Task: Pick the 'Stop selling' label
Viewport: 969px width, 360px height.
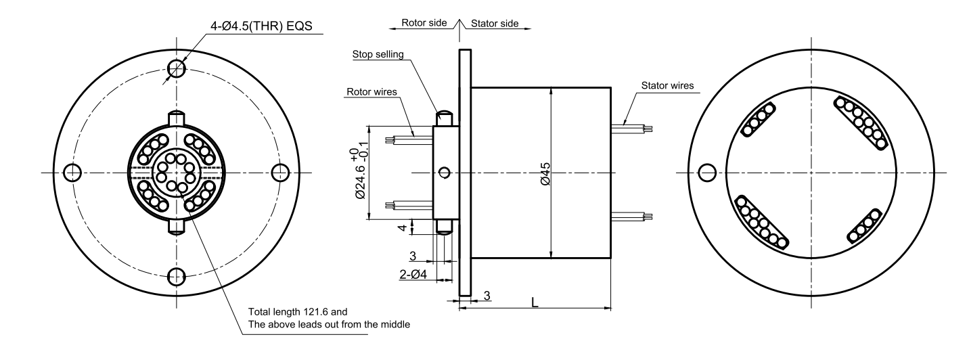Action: point(377,55)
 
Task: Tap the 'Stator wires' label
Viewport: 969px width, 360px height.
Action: point(667,86)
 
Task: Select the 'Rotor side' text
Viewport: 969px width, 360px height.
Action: point(424,23)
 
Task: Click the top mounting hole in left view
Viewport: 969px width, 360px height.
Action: point(177,68)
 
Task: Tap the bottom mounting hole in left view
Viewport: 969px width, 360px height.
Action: point(177,276)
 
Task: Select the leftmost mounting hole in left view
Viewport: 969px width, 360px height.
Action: point(72,173)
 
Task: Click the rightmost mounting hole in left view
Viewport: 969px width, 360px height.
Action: point(281,173)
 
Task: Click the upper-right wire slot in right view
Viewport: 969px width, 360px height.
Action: point(861,122)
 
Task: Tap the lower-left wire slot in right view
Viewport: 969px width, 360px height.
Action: point(762,223)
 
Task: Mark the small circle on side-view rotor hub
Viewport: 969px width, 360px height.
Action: point(444,172)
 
